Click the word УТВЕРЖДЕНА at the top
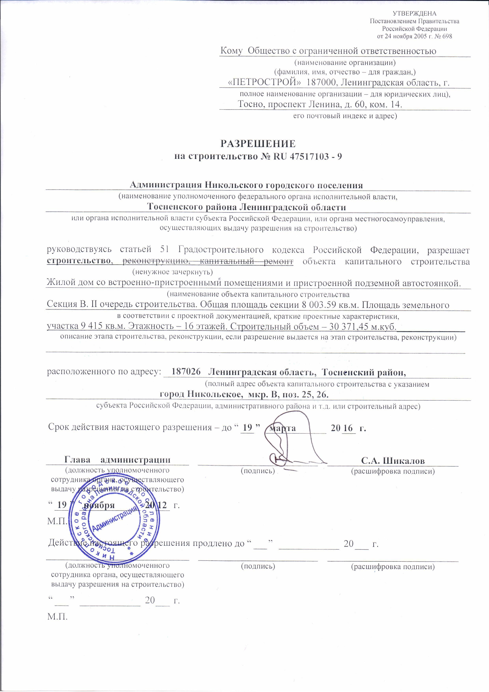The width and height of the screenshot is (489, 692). coord(415,13)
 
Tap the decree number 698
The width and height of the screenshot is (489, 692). coord(447,36)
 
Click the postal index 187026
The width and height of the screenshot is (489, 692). coord(186,372)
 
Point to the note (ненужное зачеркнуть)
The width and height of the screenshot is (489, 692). coord(173,272)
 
